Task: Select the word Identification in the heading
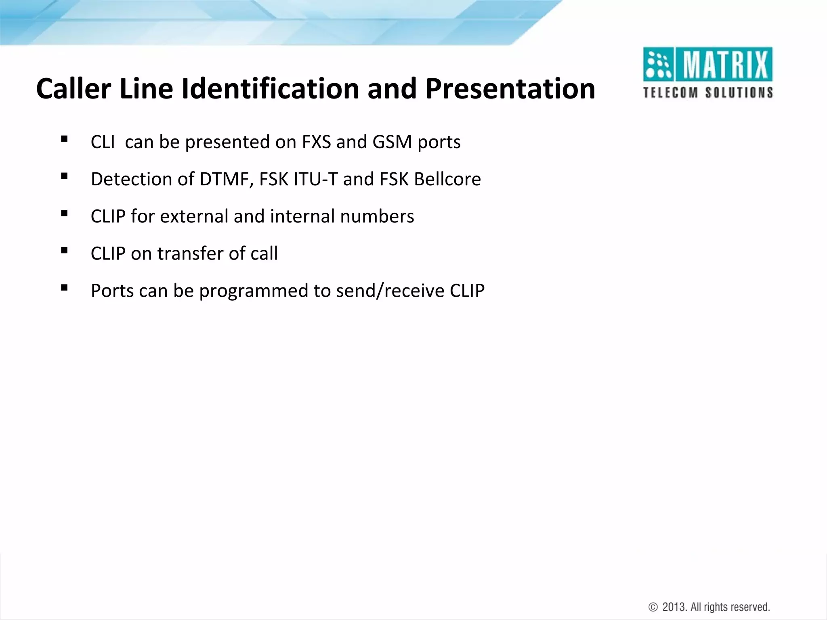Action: (x=270, y=89)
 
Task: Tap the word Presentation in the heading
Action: (x=510, y=89)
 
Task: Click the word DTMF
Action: (x=224, y=179)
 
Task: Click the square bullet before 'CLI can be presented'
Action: (x=64, y=139)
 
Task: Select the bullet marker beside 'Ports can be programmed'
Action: (x=64, y=288)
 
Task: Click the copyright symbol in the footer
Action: (x=653, y=607)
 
